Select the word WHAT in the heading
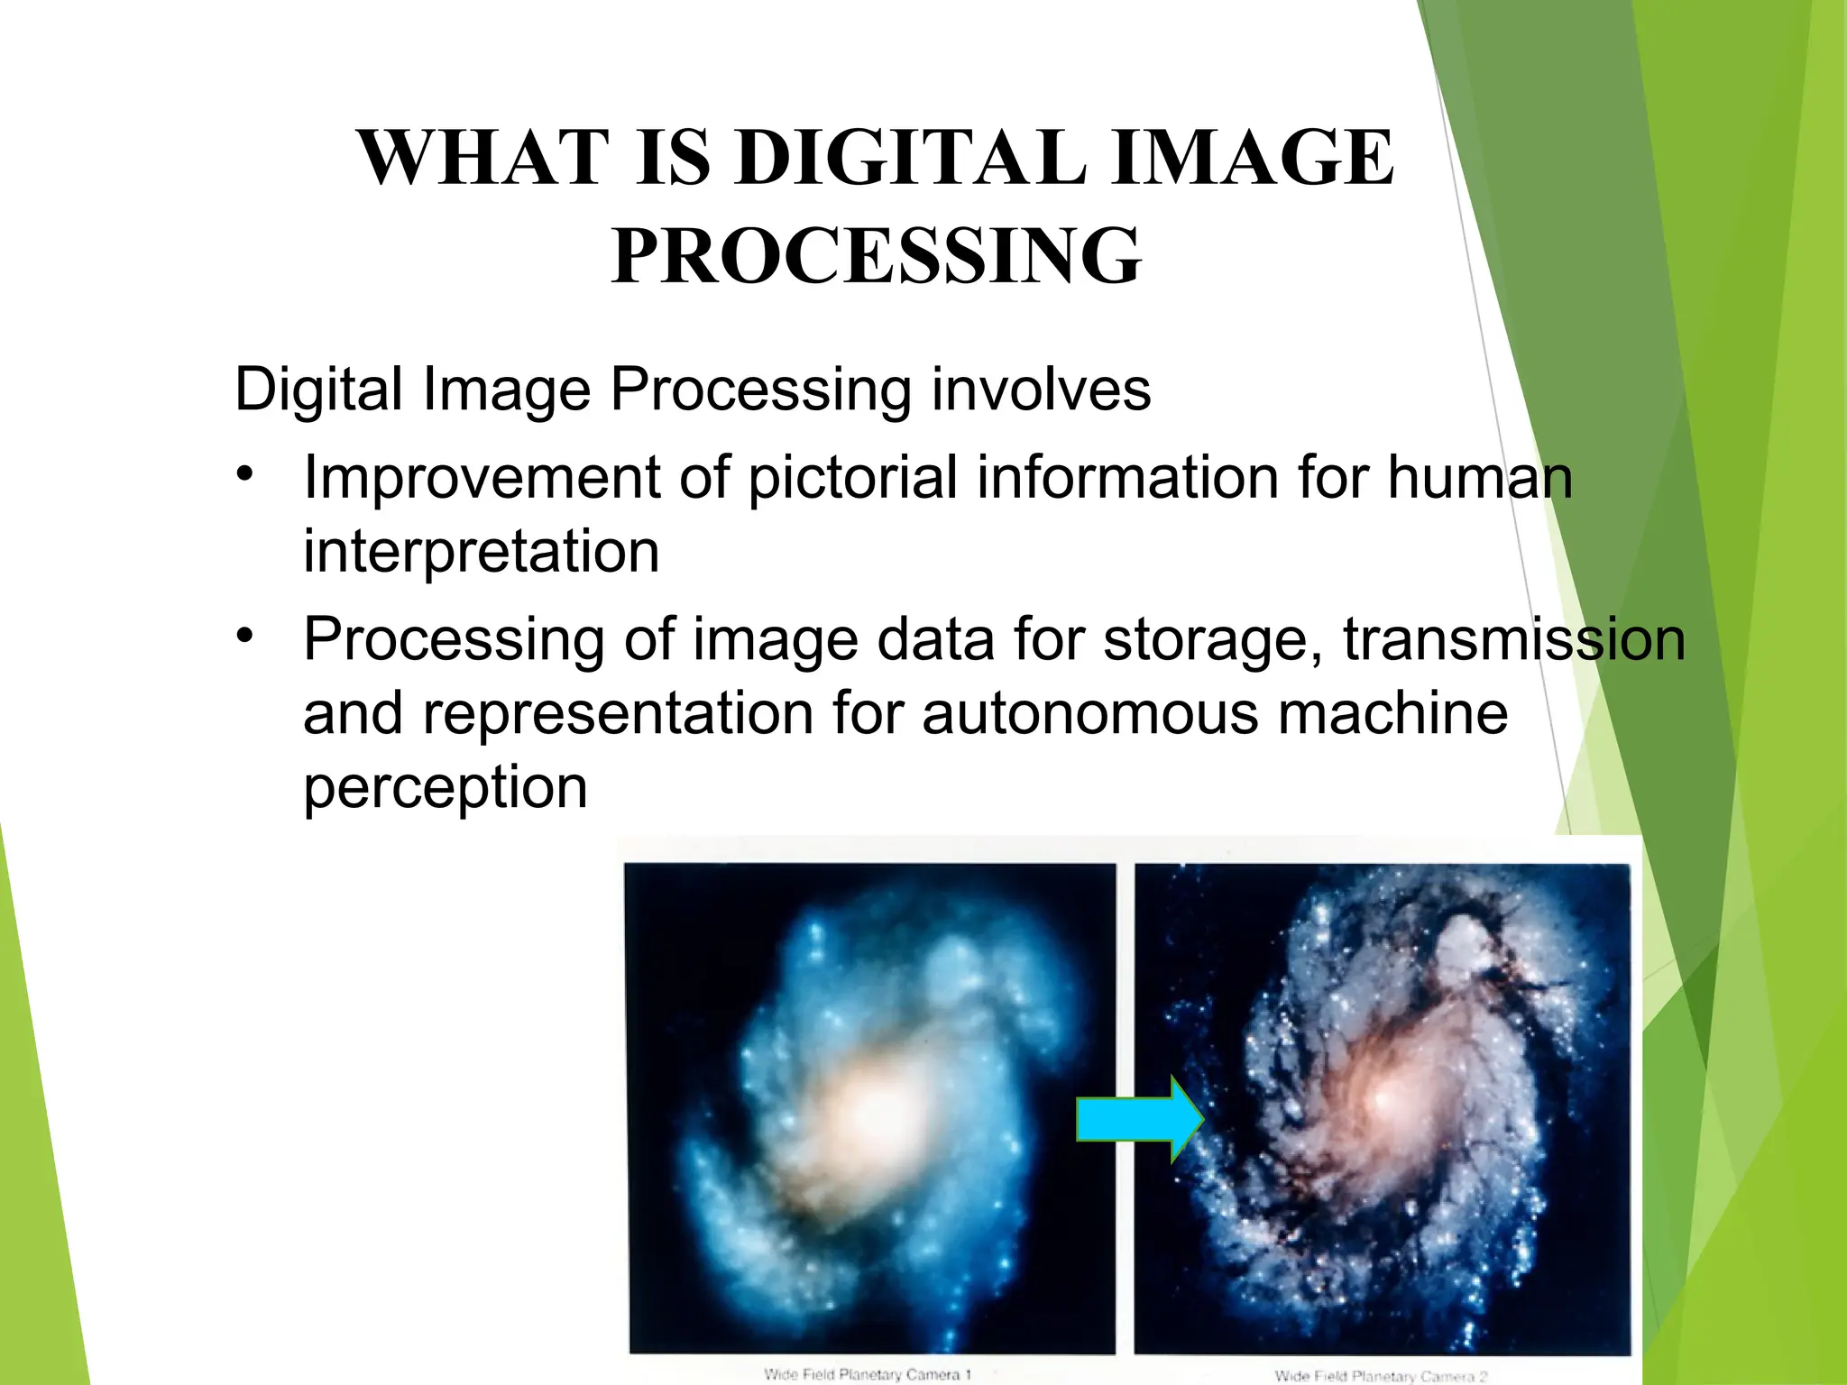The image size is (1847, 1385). point(479,158)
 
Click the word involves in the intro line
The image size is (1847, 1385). point(1041,390)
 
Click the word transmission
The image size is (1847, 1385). point(1513,639)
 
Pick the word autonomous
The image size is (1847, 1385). point(1089,713)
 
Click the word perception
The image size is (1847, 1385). point(445,787)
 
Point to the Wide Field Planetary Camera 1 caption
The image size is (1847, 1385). point(867,1374)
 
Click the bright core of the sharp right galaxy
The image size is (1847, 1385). point(1380,1100)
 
